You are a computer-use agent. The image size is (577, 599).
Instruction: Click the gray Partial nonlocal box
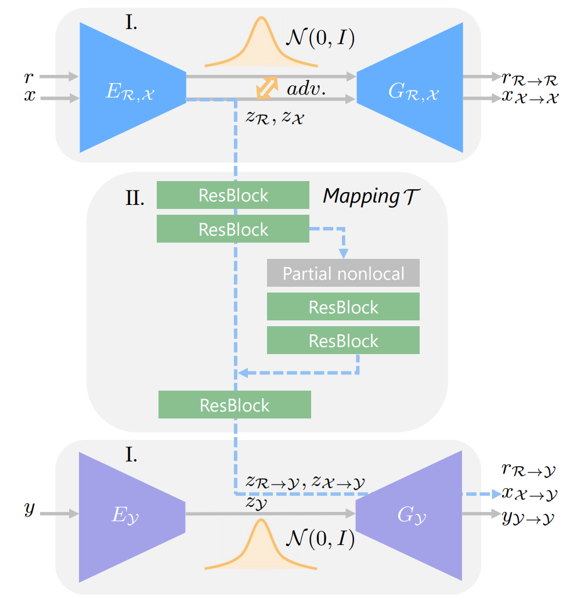pyautogui.click(x=343, y=273)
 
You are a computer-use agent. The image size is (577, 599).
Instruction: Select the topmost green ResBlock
pyautogui.click(x=233, y=195)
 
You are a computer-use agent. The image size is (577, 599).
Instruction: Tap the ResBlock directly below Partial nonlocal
pyautogui.click(x=343, y=306)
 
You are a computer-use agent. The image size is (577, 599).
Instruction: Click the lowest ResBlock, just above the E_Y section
pyautogui.click(x=235, y=405)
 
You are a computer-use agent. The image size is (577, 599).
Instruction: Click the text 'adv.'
pyautogui.click(x=306, y=89)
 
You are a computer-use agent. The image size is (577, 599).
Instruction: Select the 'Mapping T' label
pyautogui.click(x=371, y=196)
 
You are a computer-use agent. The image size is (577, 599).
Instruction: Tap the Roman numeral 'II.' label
pyautogui.click(x=135, y=199)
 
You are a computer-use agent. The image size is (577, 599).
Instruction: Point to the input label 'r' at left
pyautogui.click(x=29, y=75)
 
